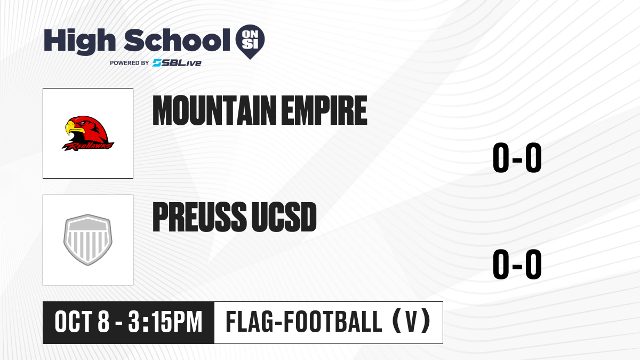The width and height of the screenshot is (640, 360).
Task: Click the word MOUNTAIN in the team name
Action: (x=214, y=110)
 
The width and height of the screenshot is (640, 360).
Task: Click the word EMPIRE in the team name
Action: (x=324, y=110)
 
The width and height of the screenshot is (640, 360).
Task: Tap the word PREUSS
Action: (x=199, y=217)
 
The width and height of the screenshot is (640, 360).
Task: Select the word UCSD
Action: (x=284, y=217)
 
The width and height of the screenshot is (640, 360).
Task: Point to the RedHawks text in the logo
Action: (x=88, y=146)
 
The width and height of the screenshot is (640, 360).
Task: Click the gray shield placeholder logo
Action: (x=88, y=239)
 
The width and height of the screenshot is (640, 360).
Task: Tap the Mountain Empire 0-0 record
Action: (x=517, y=157)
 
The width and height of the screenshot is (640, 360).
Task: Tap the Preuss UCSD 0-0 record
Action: (x=517, y=264)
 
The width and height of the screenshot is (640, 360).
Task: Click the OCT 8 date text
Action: (x=82, y=322)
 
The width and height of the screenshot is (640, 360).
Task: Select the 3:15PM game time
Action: (x=165, y=322)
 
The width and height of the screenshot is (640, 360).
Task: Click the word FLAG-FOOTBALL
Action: (x=304, y=322)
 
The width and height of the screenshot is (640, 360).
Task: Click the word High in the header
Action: (x=80, y=42)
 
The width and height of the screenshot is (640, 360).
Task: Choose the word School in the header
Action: (x=177, y=40)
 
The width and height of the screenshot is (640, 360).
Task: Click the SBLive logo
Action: (x=177, y=63)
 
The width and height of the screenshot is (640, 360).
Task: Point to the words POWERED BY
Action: (x=130, y=63)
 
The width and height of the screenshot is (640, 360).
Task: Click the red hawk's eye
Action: (x=83, y=123)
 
